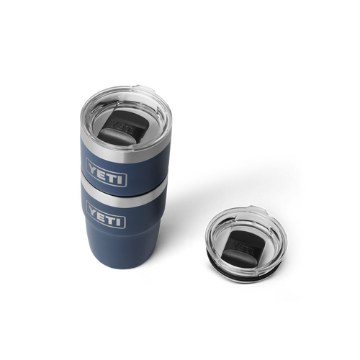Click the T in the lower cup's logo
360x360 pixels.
tap(114, 215)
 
